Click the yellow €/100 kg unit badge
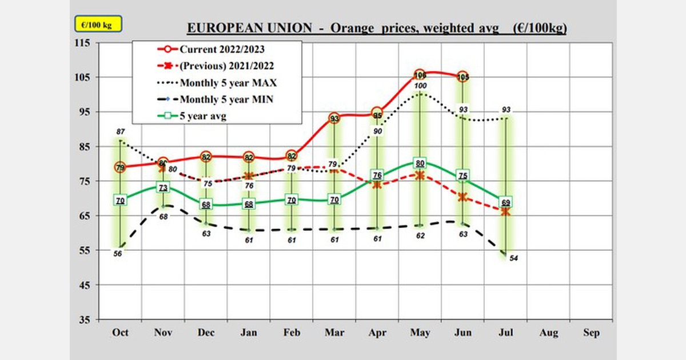(x=98, y=25)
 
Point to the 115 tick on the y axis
(x=84, y=43)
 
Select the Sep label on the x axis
(x=592, y=332)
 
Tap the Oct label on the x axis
(x=120, y=332)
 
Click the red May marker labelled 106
(x=420, y=75)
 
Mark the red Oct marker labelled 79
(x=120, y=167)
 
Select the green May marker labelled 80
(x=420, y=163)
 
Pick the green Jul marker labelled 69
(x=506, y=202)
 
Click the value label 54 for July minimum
(x=513, y=259)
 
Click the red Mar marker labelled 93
(x=334, y=119)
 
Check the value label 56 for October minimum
(x=118, y=254)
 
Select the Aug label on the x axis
(x=549, y=332)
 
